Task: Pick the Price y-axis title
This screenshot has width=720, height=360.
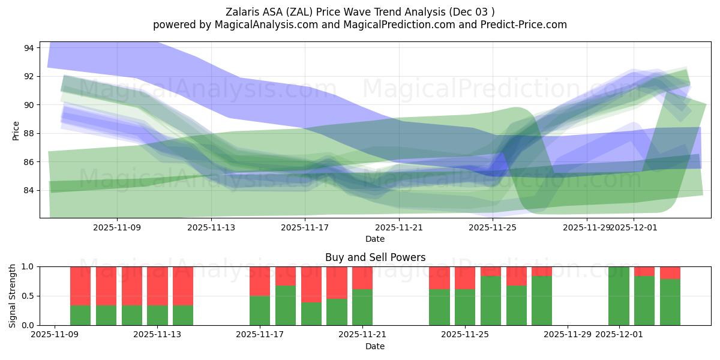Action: pyautogui.click(x=16, y=131)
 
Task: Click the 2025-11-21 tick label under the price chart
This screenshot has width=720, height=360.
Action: pyautogui.click(x=398, y=227)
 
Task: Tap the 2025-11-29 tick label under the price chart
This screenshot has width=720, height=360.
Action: pyautogui.click(x=586, y=227)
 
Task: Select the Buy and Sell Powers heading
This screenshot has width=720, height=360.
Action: pyautogui.click(x=375, y=257)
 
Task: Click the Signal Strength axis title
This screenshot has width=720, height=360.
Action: pyautogui.click(x=13, y=296)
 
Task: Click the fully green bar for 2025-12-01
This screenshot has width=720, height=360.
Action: pyautogui.click(x=619, y=296)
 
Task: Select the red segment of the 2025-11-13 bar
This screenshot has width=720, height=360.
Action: pyautogui.click(x=157, y=286)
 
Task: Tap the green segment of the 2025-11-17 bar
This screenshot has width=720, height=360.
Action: pyautogui.click(x=260, y=310)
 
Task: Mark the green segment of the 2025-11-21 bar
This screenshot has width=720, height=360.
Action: pyautogui.click(x=362, y=307)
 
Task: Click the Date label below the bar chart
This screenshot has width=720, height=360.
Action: pyautogui.click(x=375, y=346)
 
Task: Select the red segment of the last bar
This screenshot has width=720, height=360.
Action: pyautogui.click(x=670, y=273)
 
